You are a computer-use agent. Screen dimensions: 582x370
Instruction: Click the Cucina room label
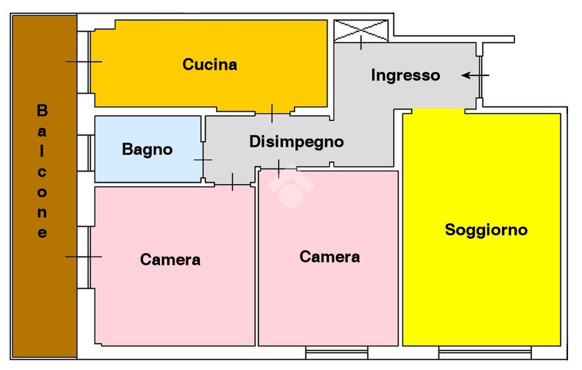[210, 65]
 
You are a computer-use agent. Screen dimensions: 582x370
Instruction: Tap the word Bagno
[147, 149]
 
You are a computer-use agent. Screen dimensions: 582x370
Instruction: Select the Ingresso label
[405, 75]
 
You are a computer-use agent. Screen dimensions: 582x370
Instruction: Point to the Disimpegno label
[296, 142]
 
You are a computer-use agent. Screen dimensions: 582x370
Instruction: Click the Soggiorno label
[486, 230]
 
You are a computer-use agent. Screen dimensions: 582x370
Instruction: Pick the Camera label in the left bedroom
[170, 259]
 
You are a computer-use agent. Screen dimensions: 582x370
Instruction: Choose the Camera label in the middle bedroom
[329, 256]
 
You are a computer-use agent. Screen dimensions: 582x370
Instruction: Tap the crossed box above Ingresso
[361, 30]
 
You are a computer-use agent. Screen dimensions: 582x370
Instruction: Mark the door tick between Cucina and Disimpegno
[272, 113]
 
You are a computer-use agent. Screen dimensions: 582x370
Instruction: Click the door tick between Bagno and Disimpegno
[203, 160]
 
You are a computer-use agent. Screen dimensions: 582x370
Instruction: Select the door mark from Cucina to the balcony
[83, 62]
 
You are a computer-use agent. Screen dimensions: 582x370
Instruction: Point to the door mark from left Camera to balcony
[83, 256]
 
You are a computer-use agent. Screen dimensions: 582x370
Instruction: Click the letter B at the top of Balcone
[42, 111]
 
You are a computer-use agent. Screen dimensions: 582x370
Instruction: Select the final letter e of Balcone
[42, 233]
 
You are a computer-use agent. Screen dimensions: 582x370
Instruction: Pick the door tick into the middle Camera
[278, 168]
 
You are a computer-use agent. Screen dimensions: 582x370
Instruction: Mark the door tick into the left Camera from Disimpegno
[232, 182]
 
